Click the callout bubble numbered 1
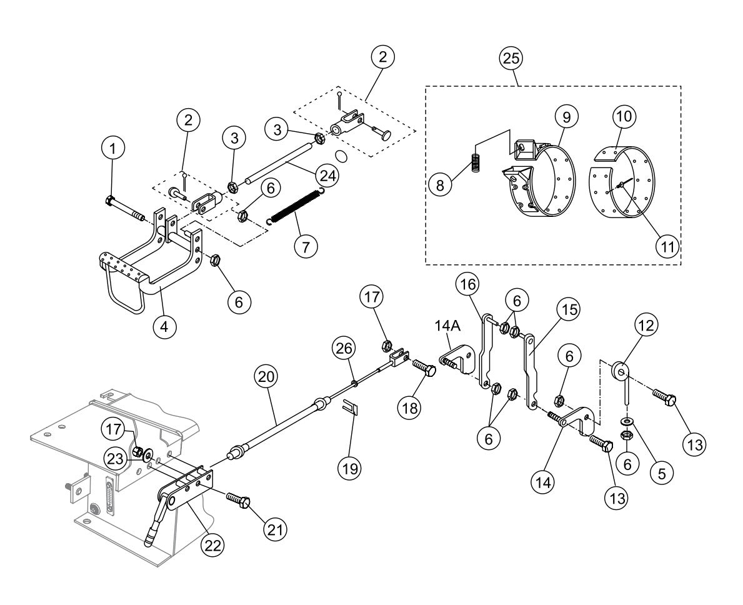[112, 148]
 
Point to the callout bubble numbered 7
[306, 246]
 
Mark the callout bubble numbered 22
[213, 544]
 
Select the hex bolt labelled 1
[125, 209]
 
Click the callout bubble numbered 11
[668, 246]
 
